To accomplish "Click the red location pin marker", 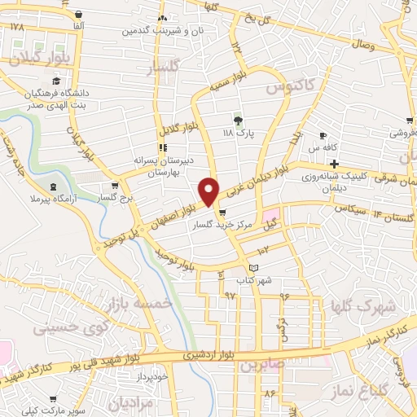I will (x=209, y=191).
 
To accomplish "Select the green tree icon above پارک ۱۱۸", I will (x=238, y=120).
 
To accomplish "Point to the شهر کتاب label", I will (x=252, y=280).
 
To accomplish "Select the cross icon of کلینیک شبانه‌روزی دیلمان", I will (x=334, y=164).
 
